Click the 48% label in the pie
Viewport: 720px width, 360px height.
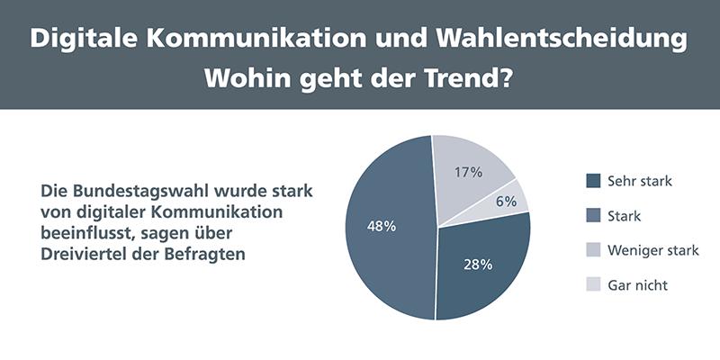coord(382,226)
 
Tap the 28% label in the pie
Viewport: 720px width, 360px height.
coord(478,265)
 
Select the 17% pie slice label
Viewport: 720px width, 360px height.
coord(469,171)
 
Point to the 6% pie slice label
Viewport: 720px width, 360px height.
coord(506,202)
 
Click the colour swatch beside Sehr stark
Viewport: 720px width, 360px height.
coord(593,181)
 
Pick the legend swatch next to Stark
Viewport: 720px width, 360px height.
coord(593,216)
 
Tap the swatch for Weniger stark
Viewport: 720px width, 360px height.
coord(593,250)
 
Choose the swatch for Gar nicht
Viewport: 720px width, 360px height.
coord(593,285)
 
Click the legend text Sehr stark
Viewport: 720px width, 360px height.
coord(640,181)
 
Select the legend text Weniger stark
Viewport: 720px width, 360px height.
coord(652,250)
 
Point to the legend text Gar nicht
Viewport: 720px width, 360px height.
coord(637,285)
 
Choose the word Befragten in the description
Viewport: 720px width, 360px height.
coord(208,254)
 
